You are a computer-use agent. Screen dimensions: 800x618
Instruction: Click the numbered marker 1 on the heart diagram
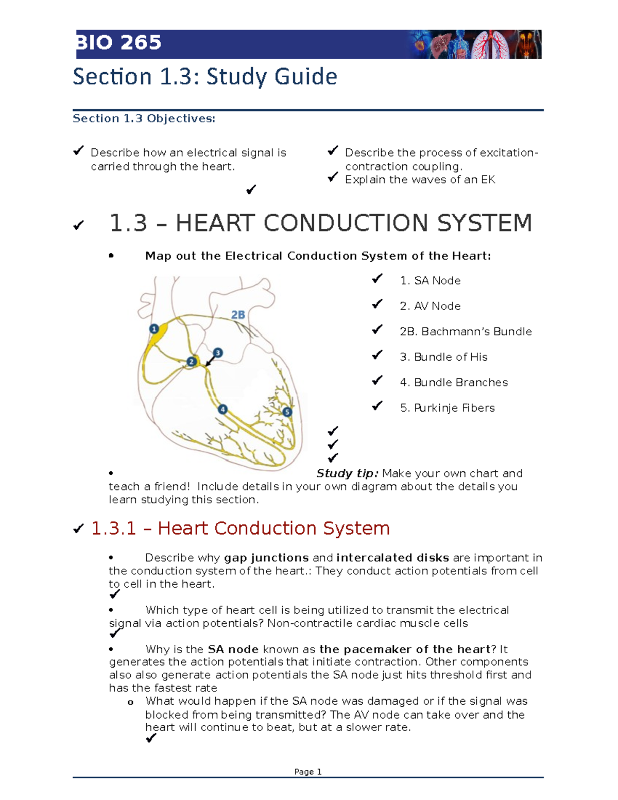pos(153,329)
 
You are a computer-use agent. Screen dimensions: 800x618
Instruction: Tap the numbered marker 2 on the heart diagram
pos(192,362)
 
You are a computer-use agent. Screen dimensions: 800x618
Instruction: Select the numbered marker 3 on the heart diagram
pos(218,353)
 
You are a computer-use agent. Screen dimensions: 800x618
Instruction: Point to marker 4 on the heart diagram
pos(222,410)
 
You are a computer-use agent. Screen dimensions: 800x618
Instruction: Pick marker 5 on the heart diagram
pos(287,412)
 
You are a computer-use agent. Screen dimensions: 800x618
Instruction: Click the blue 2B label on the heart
pos(238,315)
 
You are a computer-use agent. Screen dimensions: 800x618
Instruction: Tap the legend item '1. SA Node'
pos(430,281)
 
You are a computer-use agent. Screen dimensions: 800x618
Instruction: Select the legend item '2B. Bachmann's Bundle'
pos(466,332)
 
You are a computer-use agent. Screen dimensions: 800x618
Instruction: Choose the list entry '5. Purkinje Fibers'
pos(447,408)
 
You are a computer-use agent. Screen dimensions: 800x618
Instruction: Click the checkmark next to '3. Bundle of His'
pos(377,355)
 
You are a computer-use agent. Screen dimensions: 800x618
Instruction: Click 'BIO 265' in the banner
pos(119,43)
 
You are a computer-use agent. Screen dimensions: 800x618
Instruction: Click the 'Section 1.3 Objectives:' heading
pos(144,118)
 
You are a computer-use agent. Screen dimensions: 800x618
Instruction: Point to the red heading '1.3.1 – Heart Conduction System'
pos(240,529)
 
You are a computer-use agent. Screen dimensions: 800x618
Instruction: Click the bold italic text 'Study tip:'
pos(347,473)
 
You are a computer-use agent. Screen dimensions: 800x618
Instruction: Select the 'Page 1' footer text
pos(308,772)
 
